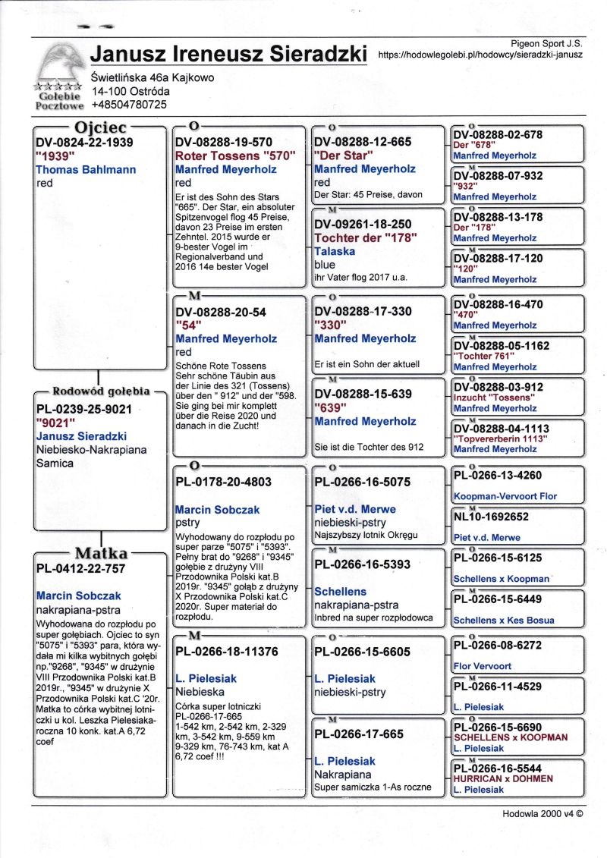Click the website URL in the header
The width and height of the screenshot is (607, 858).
[x=480, y=55]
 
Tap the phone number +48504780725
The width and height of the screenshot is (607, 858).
[x=128, y=105]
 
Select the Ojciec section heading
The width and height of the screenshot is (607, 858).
[x=99, y=127]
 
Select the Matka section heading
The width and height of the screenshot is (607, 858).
[x=99, y=552]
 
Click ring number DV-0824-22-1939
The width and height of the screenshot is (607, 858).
[x=84, y=142]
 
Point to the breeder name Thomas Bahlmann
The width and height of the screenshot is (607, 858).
[x=86, y=170]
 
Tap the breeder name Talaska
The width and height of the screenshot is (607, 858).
[x=335, y=251]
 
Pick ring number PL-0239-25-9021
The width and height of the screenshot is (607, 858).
[x=84, y=409]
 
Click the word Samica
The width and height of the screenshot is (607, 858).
[x=55, y=464]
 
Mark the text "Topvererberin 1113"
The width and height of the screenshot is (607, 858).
[x=502, y=438]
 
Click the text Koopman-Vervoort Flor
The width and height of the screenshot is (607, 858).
[x=505, y=496]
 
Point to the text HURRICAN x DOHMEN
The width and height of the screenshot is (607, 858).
[x=502, y=778]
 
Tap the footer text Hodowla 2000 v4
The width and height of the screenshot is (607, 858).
[x=542, y=813]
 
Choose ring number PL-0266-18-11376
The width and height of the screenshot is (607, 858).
[x=226, y=652]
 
